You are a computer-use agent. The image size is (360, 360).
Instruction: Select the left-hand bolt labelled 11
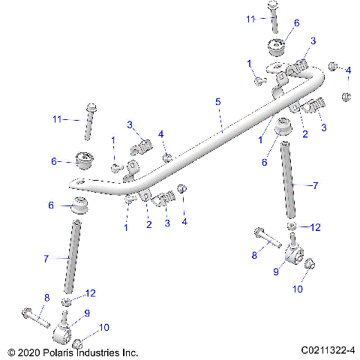coord(88,120)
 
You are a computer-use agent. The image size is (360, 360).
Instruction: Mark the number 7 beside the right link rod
coord(315,184)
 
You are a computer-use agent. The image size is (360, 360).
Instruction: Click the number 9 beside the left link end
coord(87,313)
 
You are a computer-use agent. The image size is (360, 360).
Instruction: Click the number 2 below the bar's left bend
coord(148,224)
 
